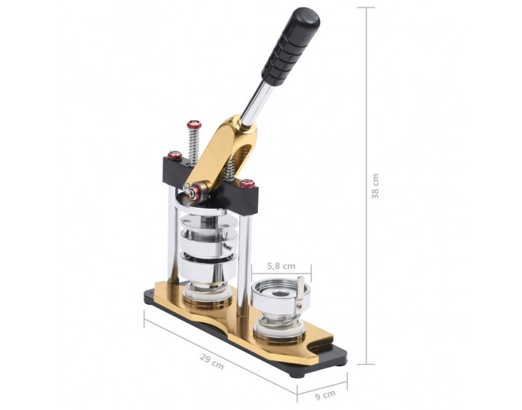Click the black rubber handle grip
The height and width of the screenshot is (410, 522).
[291, 46]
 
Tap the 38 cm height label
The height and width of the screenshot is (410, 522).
[375, 186]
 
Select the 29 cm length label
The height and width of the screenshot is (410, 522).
[212, 362]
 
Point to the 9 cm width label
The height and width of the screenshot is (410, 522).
[325, 395]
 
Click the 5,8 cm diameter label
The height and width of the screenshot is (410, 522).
[281, 266]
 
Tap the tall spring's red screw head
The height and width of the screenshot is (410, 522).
[194, 124]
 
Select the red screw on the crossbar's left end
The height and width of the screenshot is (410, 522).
[174, 155]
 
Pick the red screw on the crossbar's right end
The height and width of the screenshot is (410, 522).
[248, 183]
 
